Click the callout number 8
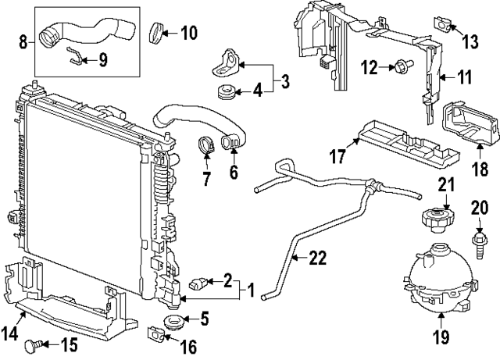tap(22, 38)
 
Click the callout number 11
tap(465, 77)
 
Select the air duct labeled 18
tap(469, 126)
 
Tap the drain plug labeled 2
tap(202, 282)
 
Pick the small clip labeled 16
tap(155, 336)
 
